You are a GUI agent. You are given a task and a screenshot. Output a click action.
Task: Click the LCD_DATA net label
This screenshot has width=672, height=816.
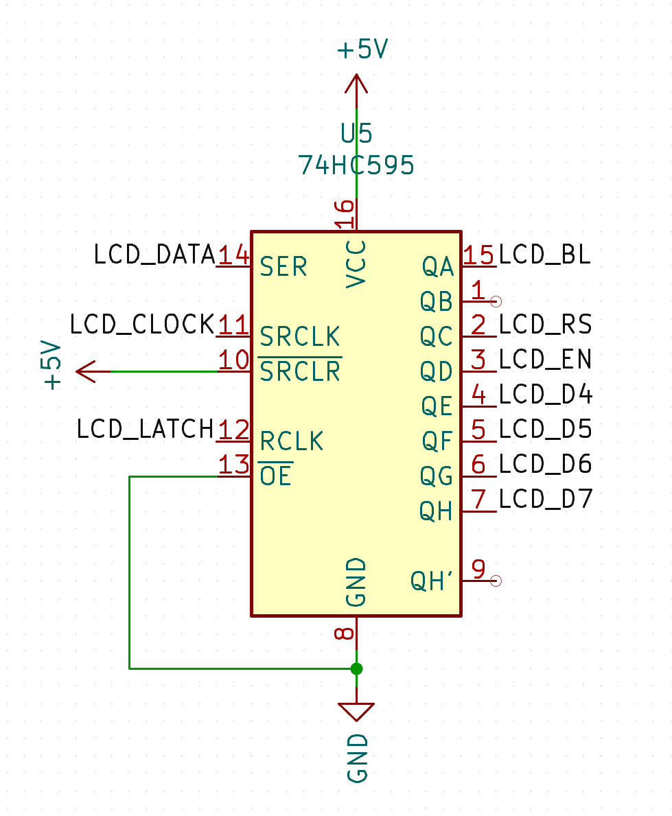(154, 255)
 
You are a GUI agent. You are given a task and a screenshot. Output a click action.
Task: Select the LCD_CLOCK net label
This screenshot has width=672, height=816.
(142, 324)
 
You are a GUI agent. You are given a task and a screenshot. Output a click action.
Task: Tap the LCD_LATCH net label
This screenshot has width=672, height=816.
(146, 429)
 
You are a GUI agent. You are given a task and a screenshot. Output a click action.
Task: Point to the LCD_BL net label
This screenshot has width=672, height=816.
(545, 255)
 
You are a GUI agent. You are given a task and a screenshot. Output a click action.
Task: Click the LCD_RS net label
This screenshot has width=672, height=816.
(546, 324)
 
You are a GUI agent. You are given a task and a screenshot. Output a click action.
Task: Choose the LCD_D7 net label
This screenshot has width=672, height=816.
(546, 498)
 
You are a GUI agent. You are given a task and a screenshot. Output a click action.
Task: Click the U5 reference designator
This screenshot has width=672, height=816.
(356, 133)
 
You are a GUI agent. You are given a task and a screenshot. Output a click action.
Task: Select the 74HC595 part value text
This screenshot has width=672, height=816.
(356, 165)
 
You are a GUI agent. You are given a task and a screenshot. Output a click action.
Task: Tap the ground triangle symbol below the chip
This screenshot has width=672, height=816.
(356, 712)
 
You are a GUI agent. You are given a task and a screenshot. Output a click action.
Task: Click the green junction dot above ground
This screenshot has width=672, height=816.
(356, 668)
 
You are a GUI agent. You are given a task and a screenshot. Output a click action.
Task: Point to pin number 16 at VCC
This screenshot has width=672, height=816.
(345, 213)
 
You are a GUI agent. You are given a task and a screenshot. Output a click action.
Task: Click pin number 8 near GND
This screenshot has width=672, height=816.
(345, 633)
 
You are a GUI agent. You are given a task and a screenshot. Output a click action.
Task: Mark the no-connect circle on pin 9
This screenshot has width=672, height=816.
(496, 581)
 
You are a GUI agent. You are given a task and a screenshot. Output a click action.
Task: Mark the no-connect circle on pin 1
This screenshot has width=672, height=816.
(496, 301)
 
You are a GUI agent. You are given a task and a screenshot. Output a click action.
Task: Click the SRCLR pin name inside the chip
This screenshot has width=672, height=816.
(300, 371)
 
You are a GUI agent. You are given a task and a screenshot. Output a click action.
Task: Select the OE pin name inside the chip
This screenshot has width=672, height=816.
(276, 476)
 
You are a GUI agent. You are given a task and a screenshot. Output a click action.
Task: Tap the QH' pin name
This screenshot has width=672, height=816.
(432, 581)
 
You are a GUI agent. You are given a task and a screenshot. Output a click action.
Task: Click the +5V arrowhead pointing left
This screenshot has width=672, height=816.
(86, 371)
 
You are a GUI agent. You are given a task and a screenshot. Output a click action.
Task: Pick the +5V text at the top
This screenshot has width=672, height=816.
(363, 49)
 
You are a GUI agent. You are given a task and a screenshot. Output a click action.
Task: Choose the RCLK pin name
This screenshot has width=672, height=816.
(292, 441)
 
